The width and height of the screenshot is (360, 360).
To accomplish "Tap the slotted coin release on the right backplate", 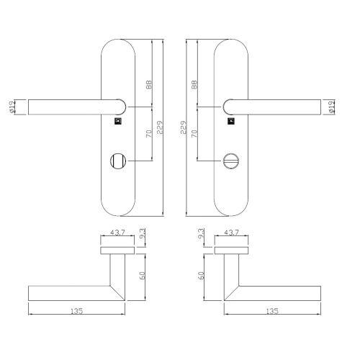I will [x=231, y=159].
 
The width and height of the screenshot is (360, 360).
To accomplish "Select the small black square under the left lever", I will [x=118, y=121].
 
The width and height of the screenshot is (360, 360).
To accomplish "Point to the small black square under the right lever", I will [x=230, y=121].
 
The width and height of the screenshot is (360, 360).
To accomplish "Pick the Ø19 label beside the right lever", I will [x=331, y=107].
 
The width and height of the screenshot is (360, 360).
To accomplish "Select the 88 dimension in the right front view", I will [x=194, y=84].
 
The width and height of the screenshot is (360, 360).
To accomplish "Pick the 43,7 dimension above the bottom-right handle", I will [x=231, y=232].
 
